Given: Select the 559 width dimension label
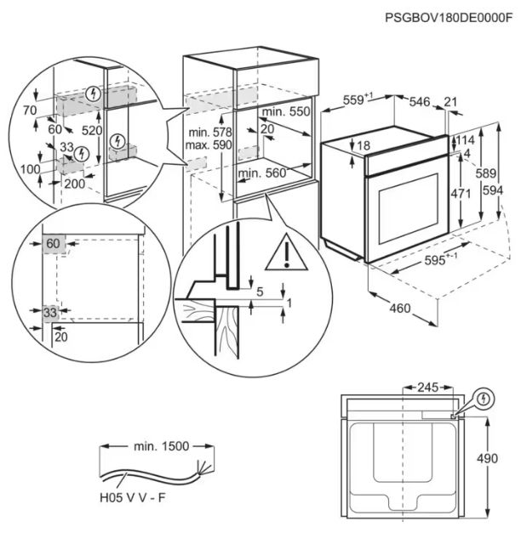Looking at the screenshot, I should point(358,99).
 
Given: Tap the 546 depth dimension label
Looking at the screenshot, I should point(419,101).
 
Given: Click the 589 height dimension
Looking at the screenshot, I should point(485,173).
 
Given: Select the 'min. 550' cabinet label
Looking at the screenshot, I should point(286,112).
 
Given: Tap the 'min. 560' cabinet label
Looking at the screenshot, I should point(261,173).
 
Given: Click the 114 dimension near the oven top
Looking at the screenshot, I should point(464,140).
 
